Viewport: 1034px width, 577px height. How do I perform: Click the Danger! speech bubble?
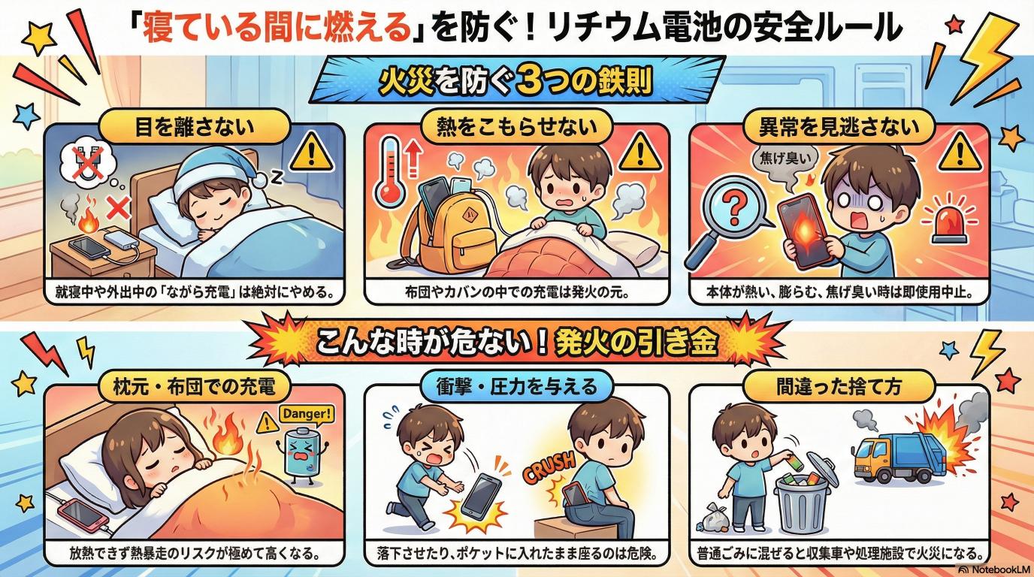pos(307,414)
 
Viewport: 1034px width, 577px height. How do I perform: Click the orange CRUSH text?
pos(549,467)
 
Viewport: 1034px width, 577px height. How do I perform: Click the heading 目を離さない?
pos(195,127)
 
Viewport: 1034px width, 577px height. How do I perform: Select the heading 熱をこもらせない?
pos(517,127)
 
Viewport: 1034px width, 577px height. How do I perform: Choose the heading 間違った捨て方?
pos(839,386)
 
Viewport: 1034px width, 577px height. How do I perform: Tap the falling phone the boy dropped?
pos(481,494)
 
